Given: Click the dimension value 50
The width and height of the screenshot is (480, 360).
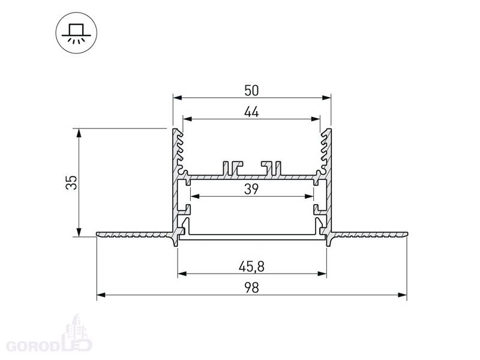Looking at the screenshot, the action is click(251, 91).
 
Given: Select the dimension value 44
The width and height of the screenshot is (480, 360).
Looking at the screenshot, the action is click(251, 112).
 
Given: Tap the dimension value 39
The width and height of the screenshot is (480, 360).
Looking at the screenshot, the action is click(251, 189).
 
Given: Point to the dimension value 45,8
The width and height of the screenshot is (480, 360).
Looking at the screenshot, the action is click(251, 266).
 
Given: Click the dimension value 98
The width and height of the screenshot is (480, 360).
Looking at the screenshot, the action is click(251, 288).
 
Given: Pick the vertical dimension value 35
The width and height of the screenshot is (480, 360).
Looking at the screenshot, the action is click(71, 182).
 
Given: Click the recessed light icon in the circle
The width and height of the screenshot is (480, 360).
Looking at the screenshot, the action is click(76, 33).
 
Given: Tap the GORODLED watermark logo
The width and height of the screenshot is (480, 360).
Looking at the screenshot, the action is click(49, 336).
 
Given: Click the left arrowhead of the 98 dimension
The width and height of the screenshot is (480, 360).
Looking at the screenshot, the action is click(101, 295).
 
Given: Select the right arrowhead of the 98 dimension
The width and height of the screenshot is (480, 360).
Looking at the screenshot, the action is click(403, 295).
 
